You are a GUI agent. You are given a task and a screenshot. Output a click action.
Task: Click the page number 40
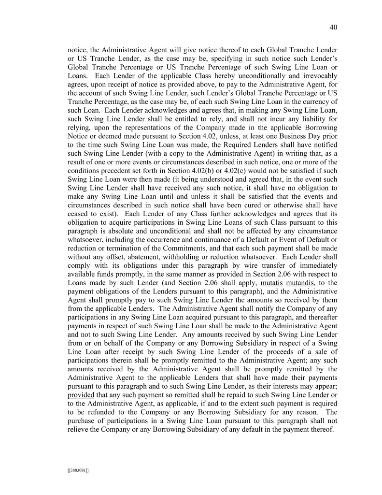(x=333, y=28)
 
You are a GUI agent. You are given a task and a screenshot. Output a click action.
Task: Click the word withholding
(x=192, y=257)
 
